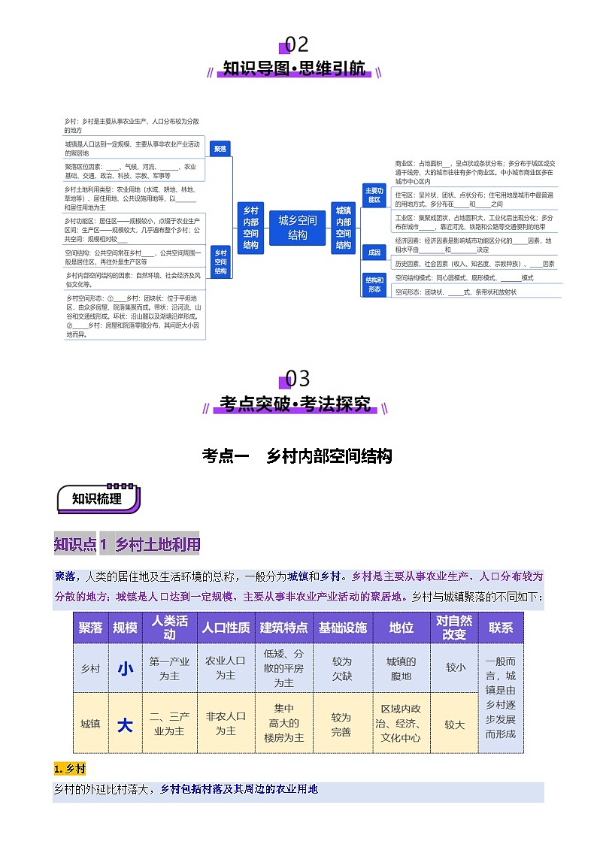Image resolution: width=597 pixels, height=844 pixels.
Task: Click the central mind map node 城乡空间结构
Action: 298,228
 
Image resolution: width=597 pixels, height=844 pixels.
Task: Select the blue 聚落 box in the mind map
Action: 220,150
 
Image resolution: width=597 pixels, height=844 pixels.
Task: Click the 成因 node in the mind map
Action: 374,252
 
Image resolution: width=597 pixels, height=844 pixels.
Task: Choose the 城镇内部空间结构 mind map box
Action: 344,228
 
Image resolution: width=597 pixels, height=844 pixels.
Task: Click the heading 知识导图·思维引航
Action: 295,70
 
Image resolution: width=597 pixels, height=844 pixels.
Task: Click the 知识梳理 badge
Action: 97,498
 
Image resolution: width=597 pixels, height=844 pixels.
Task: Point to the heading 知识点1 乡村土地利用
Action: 127,544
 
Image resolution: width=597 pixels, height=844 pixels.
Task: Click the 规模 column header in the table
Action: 125,628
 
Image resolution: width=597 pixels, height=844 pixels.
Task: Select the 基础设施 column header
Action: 342,628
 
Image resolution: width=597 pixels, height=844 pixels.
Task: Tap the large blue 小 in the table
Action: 125,668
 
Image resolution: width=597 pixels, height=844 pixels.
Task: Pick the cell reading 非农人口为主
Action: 226,724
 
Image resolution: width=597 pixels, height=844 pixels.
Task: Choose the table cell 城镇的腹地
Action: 401,668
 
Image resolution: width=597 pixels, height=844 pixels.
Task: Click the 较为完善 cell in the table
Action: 342,724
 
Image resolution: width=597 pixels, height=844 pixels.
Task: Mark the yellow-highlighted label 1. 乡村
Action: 70,769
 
